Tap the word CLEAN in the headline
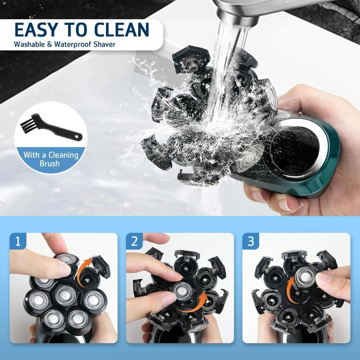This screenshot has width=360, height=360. pyautogui.click(x=121, y=30)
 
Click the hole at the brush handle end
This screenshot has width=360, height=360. pyautogui.click(x=78, y=137)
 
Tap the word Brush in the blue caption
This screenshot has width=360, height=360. pyautogui.click(x=49, y=164)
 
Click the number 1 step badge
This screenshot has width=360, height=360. pyautogui.click(x=18, y=241)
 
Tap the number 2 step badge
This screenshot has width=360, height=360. pyautogui.click(x=134, y=241)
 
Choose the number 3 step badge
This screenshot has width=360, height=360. pyautogui.click(x=251, y=241)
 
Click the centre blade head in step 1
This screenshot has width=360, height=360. pyautogui.click(x=65, y=295)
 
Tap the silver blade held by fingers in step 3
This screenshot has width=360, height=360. pyautogui.click(x=306, y=277)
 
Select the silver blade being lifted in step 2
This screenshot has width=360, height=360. pyautogui.click(x=183, y=291)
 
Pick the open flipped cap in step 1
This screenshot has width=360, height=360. pyautogui.click(x=100, y=266)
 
